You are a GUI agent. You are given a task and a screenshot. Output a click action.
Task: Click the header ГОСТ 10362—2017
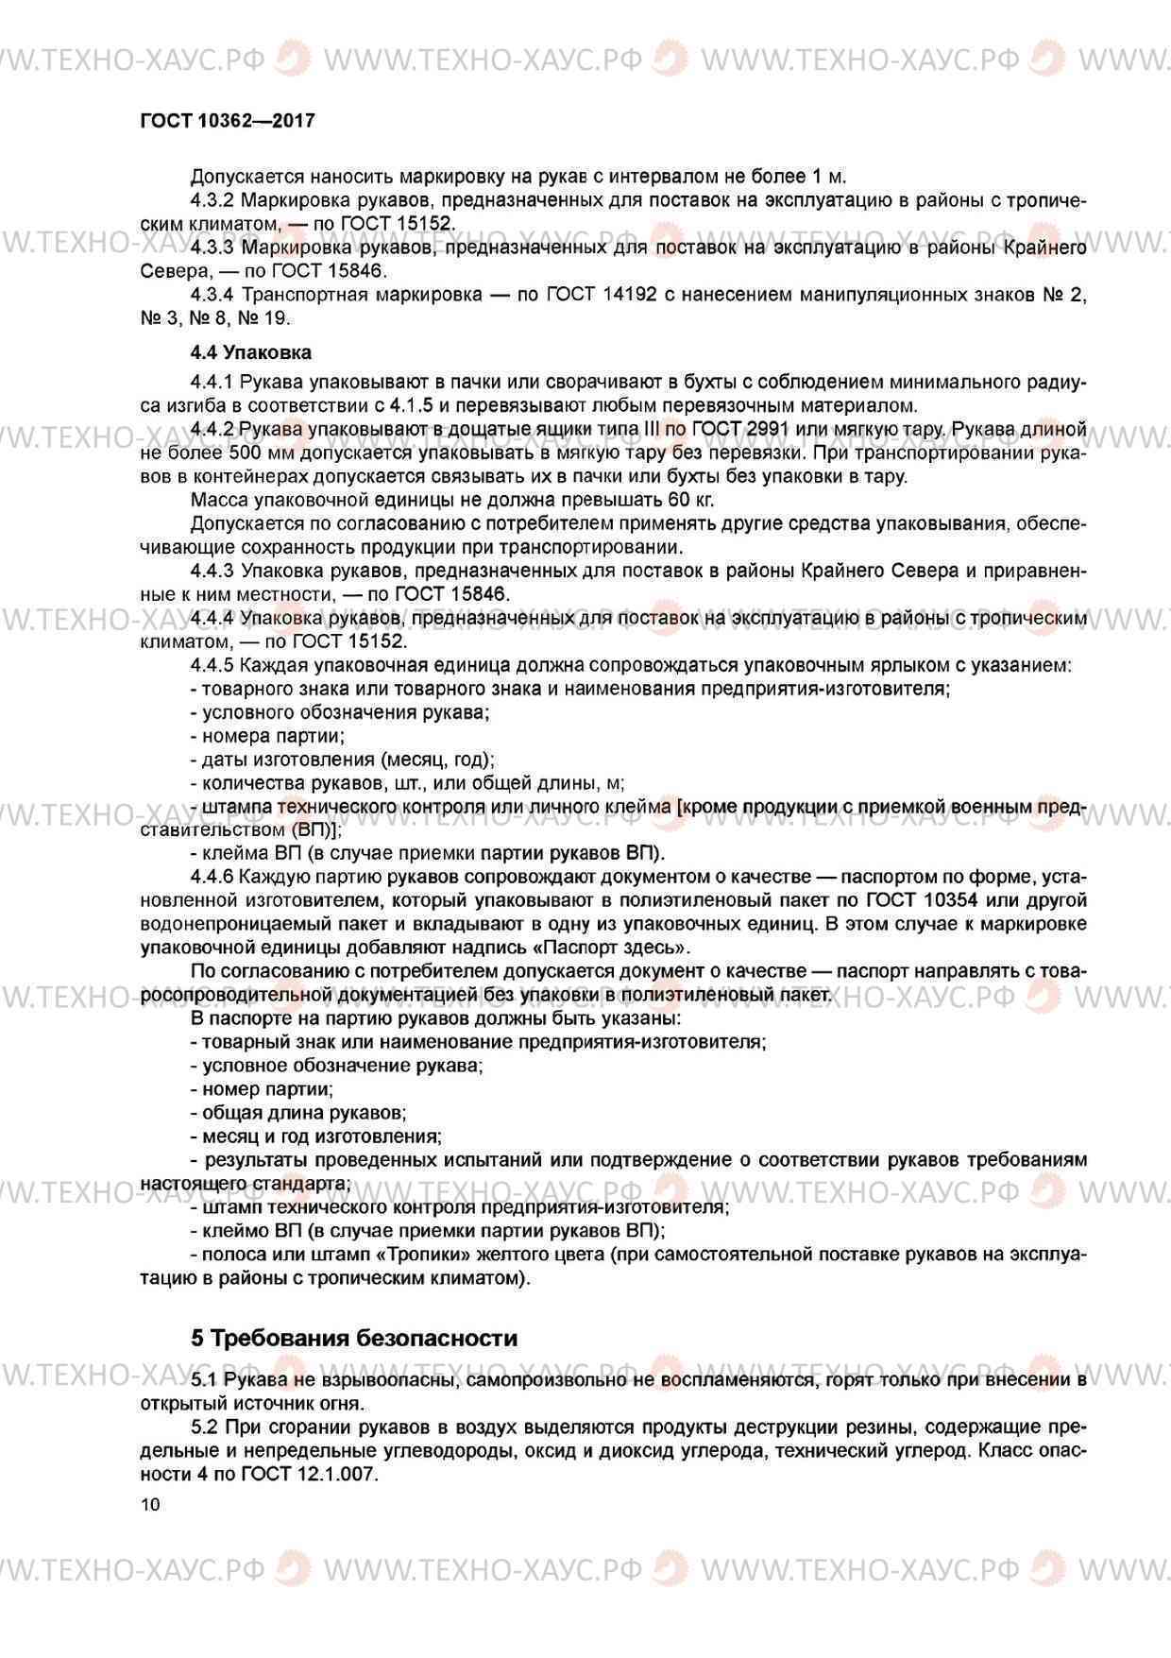(x=227, y=121)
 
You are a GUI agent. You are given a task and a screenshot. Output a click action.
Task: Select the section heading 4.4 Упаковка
(x=250, y=352)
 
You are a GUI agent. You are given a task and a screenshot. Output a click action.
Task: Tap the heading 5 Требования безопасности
(x=354, y=1338)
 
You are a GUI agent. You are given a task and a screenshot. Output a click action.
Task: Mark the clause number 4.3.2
(x=212, y=200)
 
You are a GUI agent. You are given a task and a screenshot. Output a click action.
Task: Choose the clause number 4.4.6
(x=212, y=877)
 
